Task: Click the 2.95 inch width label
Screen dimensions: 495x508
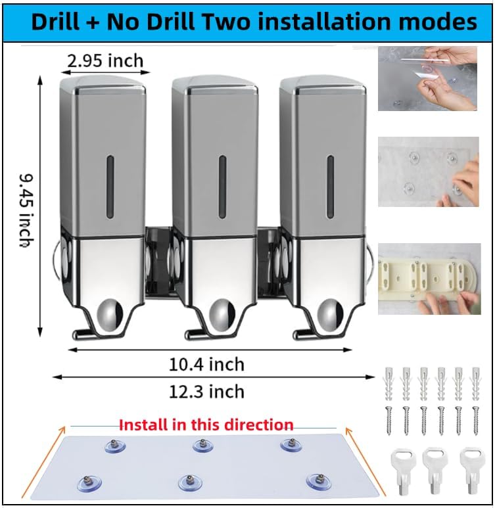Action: (105, 61)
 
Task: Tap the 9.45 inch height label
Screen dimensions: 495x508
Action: (26, 210)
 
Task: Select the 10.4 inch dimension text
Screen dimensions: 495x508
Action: (206, 364)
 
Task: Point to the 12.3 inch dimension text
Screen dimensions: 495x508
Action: (206, 392)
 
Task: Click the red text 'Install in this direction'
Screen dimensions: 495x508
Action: (206, 425)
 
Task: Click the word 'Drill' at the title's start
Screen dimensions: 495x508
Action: (56, 22)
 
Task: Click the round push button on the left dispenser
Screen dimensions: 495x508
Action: (110, 315)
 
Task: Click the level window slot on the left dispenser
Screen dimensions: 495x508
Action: (110, 187)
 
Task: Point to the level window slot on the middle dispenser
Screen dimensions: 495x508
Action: (222, 187)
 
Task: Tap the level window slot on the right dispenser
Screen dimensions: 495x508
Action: (330, 187)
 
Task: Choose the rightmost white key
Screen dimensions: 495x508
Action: (472, 471)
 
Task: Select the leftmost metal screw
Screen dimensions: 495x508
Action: (389, 421)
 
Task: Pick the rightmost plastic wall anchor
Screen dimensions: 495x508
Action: (475, 383)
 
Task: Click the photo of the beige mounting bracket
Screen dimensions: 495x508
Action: (429, 279)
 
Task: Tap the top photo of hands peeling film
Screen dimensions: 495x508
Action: (427, 78)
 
